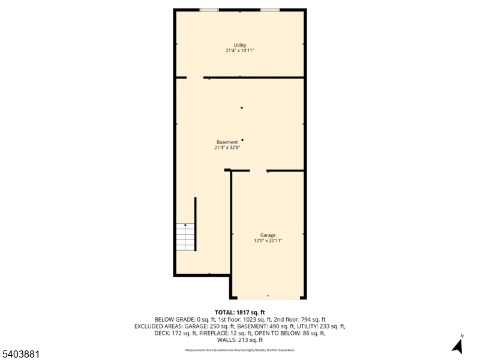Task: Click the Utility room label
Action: click(240, 46)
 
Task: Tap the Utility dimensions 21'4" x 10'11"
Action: click(240, 51)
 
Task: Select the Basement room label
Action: click(227, 142)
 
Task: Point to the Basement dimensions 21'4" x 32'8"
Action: click(227, 148)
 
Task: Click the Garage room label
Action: click(268, 235)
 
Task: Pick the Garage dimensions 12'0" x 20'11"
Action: click(268, 241)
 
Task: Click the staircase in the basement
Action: click(186, 236)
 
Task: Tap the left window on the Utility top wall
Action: click(209, 10)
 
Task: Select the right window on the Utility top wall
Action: click(270, 10)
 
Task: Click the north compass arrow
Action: click(458, 346)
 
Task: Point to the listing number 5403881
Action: click(20, 354)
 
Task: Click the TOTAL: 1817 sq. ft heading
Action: click(240, 313)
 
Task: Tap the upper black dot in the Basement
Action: click(242, 108)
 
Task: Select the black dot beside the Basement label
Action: click(242, 140)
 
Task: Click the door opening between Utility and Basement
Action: click(195, 77)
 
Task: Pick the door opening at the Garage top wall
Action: click(259, 171)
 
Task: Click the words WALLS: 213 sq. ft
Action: click(240, 340)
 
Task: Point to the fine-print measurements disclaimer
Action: click(240, 350)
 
